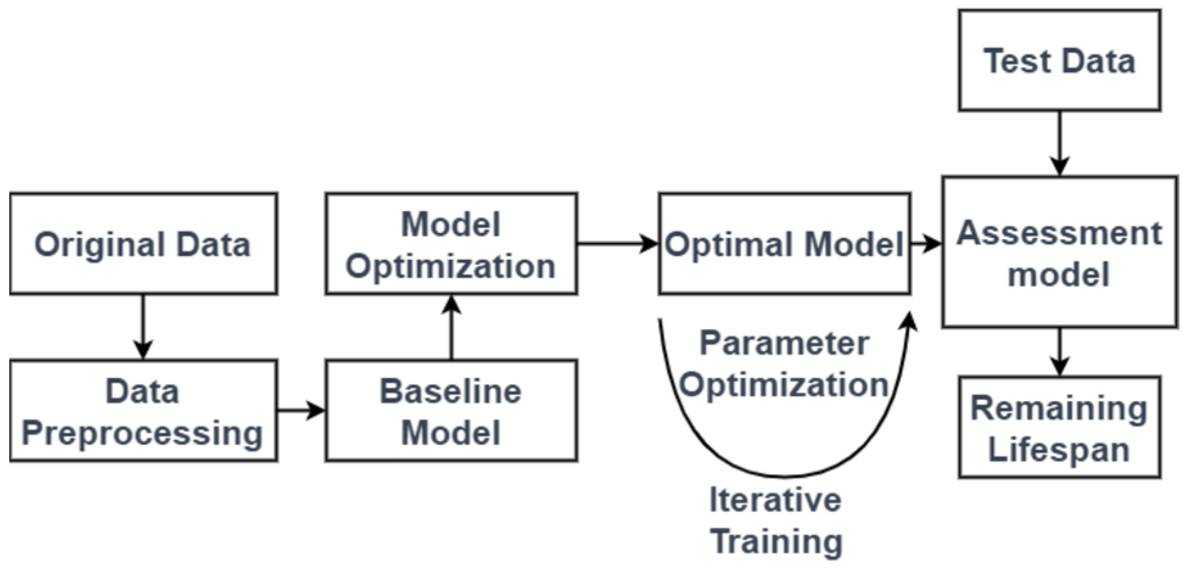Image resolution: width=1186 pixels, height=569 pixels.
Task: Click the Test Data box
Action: [x=1059, y=61]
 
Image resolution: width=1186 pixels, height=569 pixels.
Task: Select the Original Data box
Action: [x=144, y=244]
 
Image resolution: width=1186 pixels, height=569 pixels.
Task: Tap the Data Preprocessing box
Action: [x=144, y=411]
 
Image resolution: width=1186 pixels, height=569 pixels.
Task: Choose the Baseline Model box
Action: [x=451, y=411]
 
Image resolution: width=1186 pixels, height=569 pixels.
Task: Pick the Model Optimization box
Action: [x=451, y=244]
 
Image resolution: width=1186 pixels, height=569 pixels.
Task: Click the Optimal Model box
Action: [x=784, y=244]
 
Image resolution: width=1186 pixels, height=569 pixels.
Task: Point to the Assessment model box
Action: [x=1059, y=252]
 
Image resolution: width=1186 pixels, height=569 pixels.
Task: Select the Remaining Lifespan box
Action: [x=1059, y=427]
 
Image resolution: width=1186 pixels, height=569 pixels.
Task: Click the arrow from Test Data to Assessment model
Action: [x=1059, y=144]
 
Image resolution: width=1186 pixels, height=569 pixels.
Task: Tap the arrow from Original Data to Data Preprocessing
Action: [x=143, y=327]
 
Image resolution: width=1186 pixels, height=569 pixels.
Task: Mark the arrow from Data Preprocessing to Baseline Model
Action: [x=301, y=411]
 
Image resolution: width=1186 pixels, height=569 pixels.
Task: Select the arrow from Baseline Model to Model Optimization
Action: [x=451, y=327]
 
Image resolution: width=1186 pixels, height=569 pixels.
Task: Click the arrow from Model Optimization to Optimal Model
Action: [x=618, y=244]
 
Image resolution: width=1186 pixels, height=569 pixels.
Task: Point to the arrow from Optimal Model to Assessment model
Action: [x=926, y=244]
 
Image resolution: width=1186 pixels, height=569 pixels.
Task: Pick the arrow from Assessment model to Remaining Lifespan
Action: [x=1059, y=352]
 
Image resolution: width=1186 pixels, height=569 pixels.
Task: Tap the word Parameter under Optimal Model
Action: [x=784, y=343]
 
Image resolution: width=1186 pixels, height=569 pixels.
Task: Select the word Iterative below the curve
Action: [x=775, y=500]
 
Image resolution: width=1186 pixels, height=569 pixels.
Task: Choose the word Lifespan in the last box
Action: [x=1059, y=450]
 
